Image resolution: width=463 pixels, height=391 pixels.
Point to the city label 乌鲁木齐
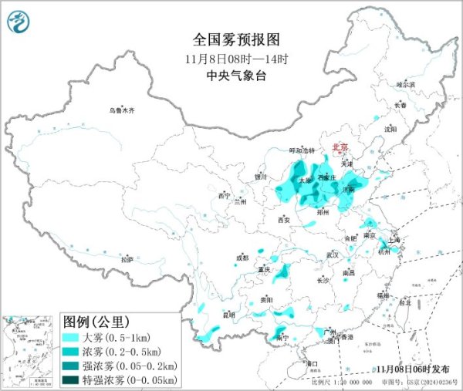click(122, 111)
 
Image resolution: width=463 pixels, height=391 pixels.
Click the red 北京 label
click(340, 147)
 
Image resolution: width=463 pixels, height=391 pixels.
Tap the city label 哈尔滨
click(405, 84)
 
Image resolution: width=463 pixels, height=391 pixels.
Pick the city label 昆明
click(228, 314)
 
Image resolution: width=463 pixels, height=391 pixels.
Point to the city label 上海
click(395, 240)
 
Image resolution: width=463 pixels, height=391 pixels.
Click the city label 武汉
click(333, 254)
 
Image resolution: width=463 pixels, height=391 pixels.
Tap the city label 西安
click(283, 220)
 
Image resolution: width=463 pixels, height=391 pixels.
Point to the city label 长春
click(400, 105)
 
